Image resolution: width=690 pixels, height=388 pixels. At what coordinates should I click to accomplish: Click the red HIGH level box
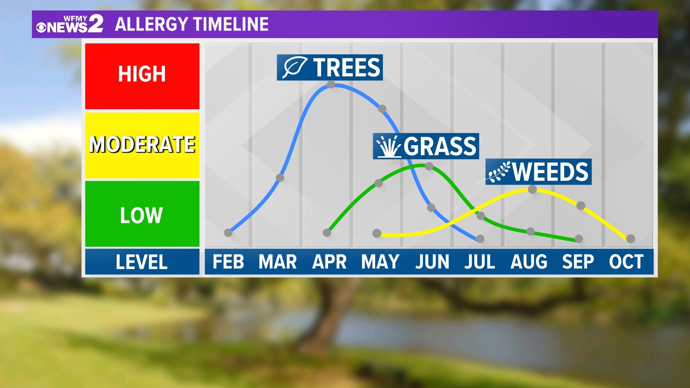[x=142, y=76]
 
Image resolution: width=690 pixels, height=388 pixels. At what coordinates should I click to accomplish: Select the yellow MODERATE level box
[x=142, y=145]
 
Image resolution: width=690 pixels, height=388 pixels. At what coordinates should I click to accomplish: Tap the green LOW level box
[x=142, y=214]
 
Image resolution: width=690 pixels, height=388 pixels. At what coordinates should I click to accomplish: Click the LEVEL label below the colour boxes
[x=142, y=262]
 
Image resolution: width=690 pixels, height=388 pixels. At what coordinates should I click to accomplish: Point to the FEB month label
[x=228, y=262]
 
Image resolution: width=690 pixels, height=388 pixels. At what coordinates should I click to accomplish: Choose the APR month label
[x=329, y=262]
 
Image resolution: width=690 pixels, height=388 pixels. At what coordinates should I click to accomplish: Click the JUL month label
[x=480, y=262]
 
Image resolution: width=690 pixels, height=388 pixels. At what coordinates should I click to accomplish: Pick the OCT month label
[x=626, y=262]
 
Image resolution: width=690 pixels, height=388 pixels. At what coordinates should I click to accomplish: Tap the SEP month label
[x=578, y=262]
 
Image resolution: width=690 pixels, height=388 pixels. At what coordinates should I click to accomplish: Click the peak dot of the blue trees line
[x=331, y=84]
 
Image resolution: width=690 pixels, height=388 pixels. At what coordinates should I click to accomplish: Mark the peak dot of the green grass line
[x=429, y=166]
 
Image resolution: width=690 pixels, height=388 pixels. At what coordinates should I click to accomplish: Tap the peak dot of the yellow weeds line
[x=533, y=189]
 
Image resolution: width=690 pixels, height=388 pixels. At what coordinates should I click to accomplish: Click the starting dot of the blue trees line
[x=228, y=233]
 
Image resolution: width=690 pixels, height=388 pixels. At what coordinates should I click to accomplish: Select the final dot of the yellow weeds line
[x=630, y=239]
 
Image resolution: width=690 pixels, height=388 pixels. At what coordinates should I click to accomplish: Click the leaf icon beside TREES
[x=294, y=67]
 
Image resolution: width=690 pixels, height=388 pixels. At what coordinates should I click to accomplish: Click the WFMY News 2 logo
[x=70, y=24]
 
